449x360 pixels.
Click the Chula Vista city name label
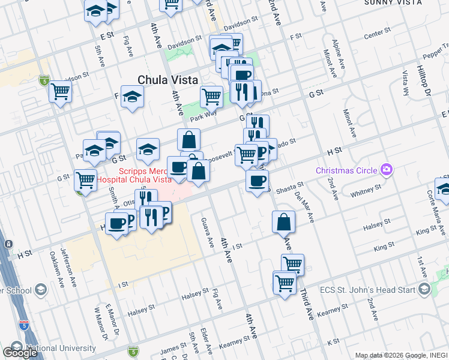(x=167, y=79)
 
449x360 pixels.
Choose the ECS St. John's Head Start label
(x=373, y=290)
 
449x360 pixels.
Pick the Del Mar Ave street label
(x=305, y=207)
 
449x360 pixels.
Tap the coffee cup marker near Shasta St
(x=257, y=181)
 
